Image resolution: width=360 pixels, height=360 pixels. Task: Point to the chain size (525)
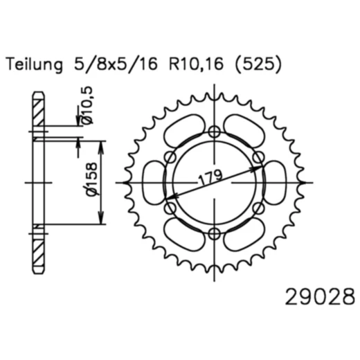click(257, 66)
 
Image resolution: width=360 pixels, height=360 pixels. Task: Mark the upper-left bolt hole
click(171, 157)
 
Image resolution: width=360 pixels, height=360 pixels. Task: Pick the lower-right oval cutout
click(244, 234)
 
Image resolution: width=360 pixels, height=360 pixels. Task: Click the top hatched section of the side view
click(38, 111)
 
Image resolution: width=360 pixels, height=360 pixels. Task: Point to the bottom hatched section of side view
click(38, 253)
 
